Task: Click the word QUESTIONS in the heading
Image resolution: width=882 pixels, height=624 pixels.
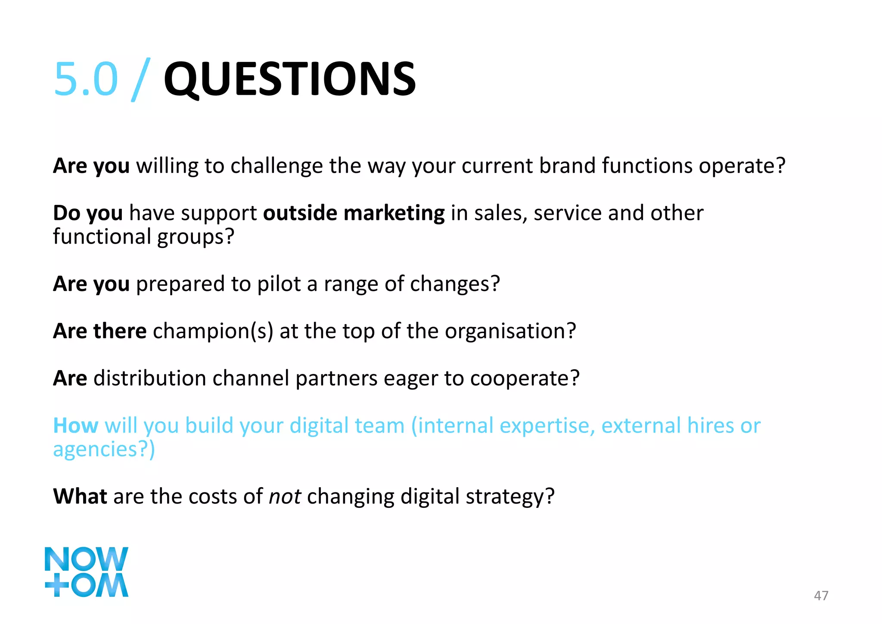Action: coord(289,79)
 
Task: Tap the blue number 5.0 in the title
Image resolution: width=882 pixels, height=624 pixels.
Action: coord(86,79)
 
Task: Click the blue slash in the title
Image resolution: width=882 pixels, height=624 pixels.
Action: coord(141,80)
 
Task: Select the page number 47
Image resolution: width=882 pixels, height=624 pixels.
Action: coord(821,596)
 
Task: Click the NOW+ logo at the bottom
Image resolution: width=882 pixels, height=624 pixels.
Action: coord(86,571)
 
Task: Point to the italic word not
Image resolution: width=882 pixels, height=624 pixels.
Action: coord(284,496)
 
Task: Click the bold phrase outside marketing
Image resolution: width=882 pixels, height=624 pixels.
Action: coord(354,213)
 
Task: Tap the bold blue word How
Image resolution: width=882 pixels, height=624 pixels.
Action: coord(75,426)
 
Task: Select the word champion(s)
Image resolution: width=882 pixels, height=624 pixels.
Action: coord(213,331)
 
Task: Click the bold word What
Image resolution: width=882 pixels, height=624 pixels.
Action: coord(80,496)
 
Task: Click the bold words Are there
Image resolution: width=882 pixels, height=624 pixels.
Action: coord(99,331)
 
